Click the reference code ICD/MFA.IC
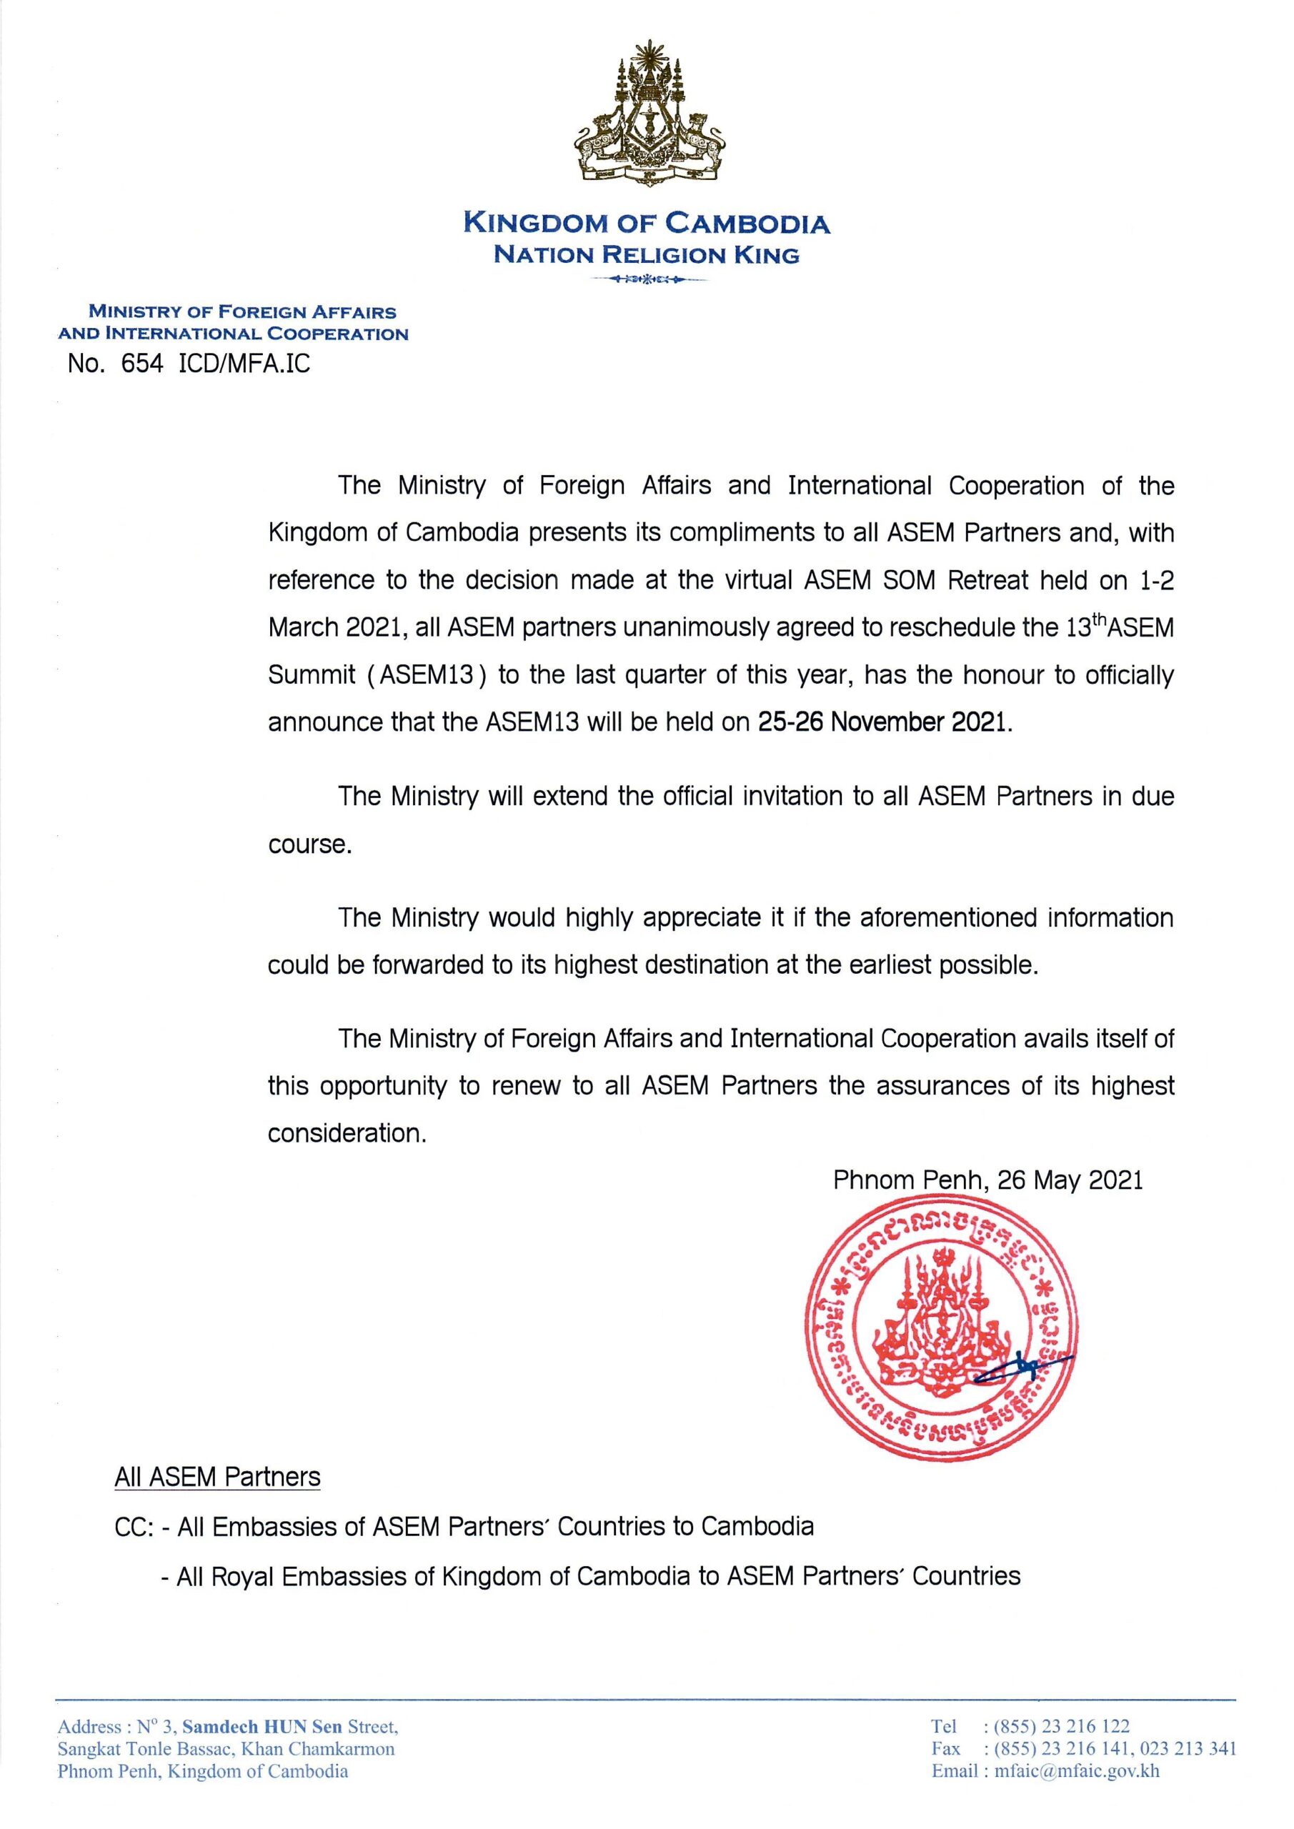tap(245, 364)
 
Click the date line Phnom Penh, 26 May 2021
tap(987, 1180)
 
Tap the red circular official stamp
tap(940, 1338)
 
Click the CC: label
tap(134, 1527)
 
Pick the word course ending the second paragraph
tap(309, 844)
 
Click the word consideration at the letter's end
tap(347, 1133)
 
